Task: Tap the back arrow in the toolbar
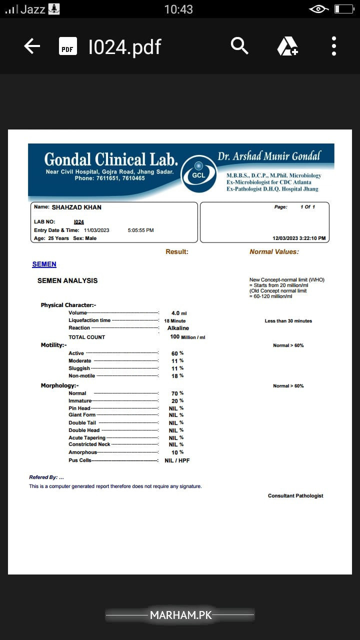[32, 46]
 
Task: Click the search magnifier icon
[239, 46]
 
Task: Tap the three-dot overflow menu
[334, 46]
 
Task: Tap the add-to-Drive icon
[287, 46]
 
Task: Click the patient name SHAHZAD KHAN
[76, 207]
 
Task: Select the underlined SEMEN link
[44, 264]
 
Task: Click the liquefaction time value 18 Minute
[174, 321]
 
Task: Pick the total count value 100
[175, 337]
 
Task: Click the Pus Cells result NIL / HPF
[177, 460]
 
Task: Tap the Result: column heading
[177, 251]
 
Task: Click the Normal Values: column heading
[274, 251]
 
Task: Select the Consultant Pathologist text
[295, 496]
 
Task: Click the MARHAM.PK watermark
[180, 615]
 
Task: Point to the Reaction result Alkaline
[178, 328]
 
